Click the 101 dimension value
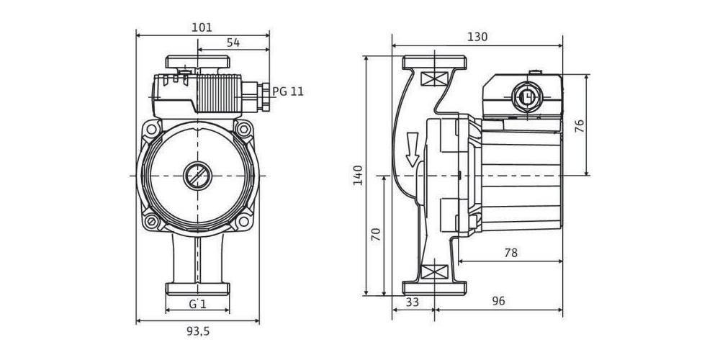tap(202, 27)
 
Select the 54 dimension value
tap(233, 43)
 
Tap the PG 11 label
tap(288, 91)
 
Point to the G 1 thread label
tap(198, 304)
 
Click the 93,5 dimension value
tap(198, 331)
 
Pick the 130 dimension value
tap(477, 37)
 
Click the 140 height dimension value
tap(359, 175)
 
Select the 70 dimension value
tap(375, 235)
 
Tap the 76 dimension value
tap(580, 125)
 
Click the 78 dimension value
tap(511, 253)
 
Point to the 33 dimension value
tap(413, 302)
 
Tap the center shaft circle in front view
tap(196, 175)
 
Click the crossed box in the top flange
tap(431, 79)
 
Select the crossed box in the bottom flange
tap(431, 272)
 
